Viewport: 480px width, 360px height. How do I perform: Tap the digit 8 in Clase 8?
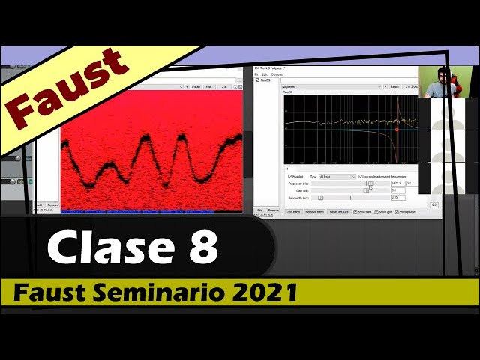200,247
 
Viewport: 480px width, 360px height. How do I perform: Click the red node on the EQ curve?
397,129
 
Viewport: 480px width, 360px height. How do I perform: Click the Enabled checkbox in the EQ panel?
291,177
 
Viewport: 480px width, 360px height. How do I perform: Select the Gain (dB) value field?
397,190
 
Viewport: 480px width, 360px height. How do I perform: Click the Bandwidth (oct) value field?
397,198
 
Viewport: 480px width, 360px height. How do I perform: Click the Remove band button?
315,212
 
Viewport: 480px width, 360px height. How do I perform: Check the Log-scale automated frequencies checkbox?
361,177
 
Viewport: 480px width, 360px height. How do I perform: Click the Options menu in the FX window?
277,74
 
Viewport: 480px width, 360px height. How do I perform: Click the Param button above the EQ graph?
394,86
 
